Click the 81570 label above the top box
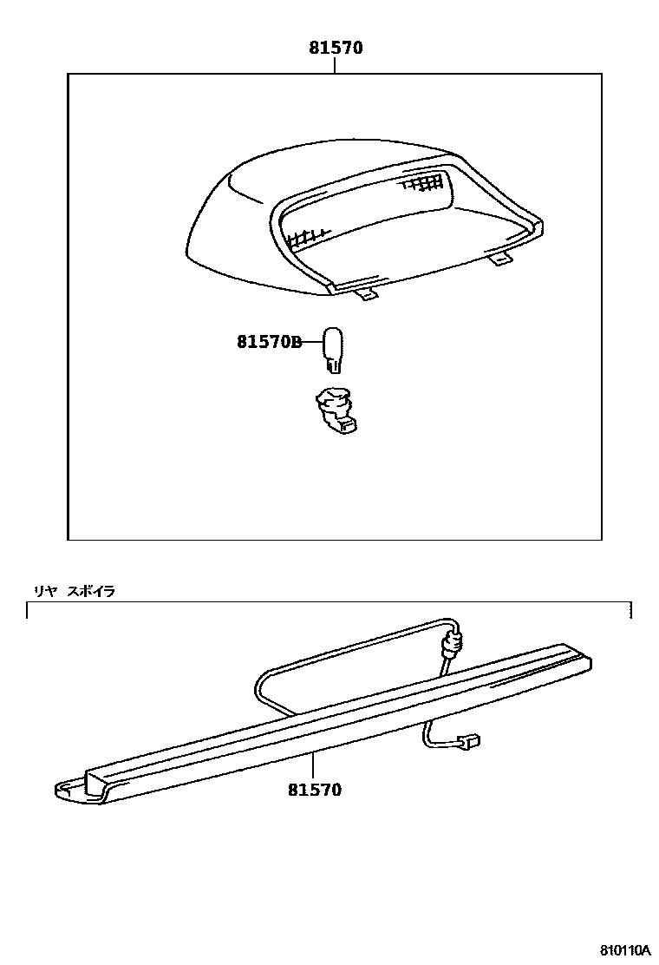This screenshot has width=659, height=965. tap(335, 49)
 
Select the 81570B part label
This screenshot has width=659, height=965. tap(268, 343)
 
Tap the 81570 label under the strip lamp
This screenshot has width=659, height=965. tap(315, 790)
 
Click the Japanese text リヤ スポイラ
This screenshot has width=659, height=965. tap(74, 591)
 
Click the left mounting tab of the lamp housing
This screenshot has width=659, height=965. tap(368, 296)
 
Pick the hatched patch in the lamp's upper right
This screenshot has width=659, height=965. tap(422, 183)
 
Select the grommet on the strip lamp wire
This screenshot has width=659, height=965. tap(451, 643)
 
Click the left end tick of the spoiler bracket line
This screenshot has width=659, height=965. tap(29, 610)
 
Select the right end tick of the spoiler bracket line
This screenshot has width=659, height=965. tap(631, 610)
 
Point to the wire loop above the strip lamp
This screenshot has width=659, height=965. tap(347, 647)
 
